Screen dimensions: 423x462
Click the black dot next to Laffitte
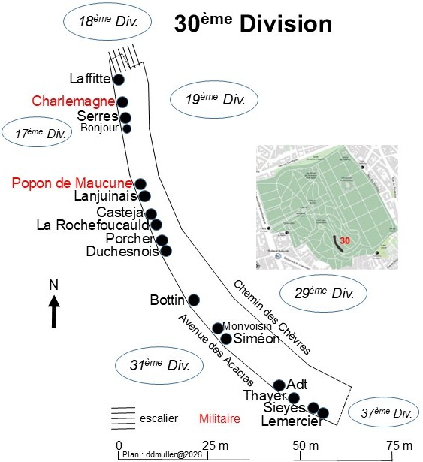point(119,80)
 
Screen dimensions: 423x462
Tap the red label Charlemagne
point(74,101)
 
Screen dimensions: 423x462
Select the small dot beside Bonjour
point(127,128)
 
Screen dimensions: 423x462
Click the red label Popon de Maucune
point(72,183)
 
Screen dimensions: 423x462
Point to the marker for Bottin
point(194,300)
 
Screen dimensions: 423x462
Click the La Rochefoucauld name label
point(93,225)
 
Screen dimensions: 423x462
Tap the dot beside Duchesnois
point(166,251)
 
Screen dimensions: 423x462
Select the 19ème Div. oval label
point(214,100)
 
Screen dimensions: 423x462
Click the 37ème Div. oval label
point(383,412)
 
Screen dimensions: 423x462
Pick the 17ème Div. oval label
point(37,132)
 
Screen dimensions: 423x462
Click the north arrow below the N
point(54,312)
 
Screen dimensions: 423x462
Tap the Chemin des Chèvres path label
point(272,317)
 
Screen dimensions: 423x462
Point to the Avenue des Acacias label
point(216,350)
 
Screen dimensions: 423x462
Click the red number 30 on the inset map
point(345,240)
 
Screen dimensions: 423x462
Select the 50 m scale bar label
point(305,445)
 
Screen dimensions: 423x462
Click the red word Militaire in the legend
point(219,418)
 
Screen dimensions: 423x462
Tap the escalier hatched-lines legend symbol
point(123,418)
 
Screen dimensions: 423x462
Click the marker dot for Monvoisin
point(218,328)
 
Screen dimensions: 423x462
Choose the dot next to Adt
point(279,385)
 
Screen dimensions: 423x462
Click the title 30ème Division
point(253,23)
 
